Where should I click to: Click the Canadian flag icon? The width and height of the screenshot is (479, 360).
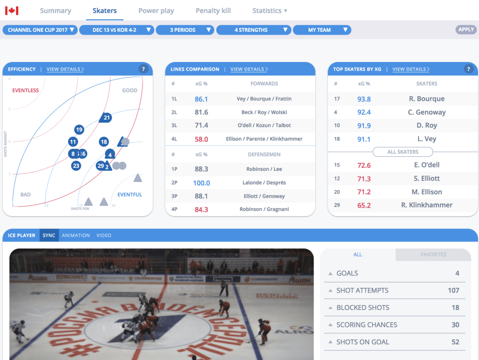[12, 11]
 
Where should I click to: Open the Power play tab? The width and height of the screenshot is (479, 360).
[156, 11]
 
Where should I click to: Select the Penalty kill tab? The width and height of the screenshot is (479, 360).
[213, 11]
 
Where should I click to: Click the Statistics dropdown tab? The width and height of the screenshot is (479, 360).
[270, 11]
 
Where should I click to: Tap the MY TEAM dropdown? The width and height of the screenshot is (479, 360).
[322, 30]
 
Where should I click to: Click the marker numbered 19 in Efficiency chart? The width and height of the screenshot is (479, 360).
[79, 130]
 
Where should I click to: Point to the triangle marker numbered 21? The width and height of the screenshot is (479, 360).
[106, 118]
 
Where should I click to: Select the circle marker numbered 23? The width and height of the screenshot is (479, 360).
[76, 165]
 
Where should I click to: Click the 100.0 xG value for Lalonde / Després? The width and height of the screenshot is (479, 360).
[202, 183]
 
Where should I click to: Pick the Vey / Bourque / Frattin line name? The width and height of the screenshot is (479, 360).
[264, 99]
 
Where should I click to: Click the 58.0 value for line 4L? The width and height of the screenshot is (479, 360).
[202, 139]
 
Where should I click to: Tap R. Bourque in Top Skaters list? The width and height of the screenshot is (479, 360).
[427, 99]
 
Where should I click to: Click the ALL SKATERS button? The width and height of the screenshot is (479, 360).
[402, 152]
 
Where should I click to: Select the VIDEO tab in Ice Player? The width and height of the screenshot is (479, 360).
[104, 235]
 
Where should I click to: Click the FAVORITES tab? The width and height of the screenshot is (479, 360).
[433, 255]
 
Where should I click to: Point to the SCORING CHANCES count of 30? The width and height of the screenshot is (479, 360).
[455, 325]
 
